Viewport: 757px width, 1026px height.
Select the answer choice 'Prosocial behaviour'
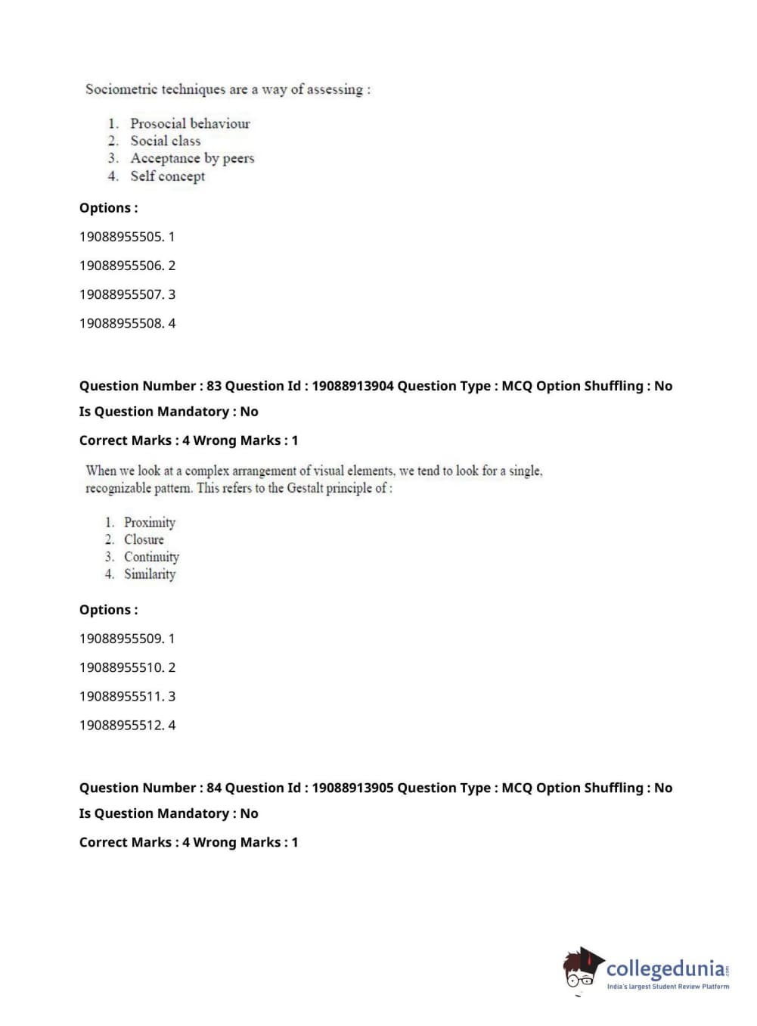[x=190, y=123]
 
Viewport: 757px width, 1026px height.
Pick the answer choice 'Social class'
[x=166, y=141]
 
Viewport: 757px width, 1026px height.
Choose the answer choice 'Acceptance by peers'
[x=192, y=158]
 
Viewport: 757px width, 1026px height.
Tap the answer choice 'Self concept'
[x=167, y=176]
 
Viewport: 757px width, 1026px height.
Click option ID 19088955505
[x=121, y=237]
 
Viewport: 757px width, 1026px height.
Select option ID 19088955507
[x=121, y=294]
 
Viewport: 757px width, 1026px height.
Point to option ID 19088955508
[x=121, y=323]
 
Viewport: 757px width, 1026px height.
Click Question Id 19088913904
[x=352, y=386]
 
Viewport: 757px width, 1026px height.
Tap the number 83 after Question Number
[x=214, y=386]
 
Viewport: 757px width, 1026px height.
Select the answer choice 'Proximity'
[x=150, y=522]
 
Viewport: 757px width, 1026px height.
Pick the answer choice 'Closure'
[x=144, y=539]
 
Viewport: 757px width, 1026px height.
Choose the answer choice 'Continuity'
[x=151, y=557]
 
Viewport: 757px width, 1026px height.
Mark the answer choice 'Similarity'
[x=150, y=574]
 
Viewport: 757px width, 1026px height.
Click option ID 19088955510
[x=121, y=667]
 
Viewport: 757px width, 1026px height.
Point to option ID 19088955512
[x=121, y=725]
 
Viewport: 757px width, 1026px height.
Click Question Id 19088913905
[x=352, y=788]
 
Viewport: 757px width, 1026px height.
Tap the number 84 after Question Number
[x=214, y=788]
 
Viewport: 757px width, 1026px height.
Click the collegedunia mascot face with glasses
[x=581, y=971]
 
